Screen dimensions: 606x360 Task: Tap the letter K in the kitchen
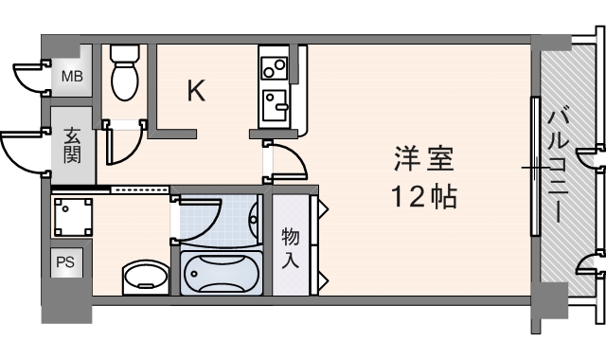click(x=196, y=91)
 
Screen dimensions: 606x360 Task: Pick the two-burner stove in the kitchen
click(x=275, y=67)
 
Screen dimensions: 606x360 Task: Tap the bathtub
click(x=221, y=274)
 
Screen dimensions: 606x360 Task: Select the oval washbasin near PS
click(x=145, y=279)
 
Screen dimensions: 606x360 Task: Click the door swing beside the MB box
click(x=30, y=76)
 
